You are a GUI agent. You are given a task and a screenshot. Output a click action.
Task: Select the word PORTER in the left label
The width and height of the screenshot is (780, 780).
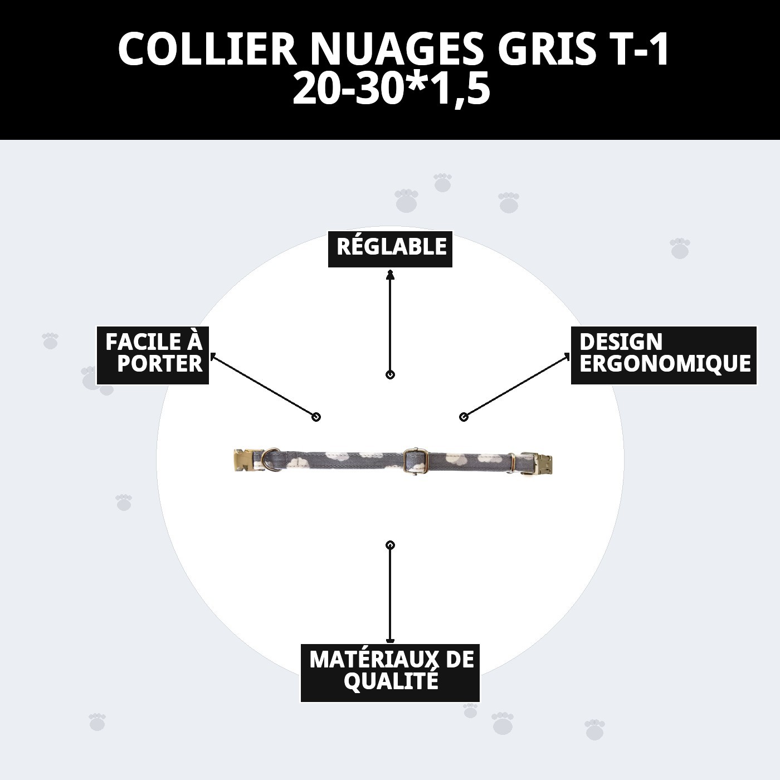[160, 364]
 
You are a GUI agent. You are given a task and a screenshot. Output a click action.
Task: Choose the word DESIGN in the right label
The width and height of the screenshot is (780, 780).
[621, 342]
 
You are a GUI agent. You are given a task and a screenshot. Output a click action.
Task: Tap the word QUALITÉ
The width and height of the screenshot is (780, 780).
[391, 681]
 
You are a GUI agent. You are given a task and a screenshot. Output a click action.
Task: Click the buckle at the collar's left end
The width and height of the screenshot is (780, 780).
[244, 461]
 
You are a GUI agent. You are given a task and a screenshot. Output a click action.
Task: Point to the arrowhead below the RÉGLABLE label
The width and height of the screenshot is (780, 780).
[390, 274]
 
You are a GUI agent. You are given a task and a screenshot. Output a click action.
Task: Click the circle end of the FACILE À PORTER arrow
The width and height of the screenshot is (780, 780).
[316, 417]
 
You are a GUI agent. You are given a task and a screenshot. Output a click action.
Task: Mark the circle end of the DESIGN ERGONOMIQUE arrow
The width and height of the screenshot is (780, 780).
[464, 417]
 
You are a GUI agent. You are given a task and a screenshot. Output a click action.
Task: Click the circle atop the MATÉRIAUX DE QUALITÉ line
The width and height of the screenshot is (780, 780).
[390, 545]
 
